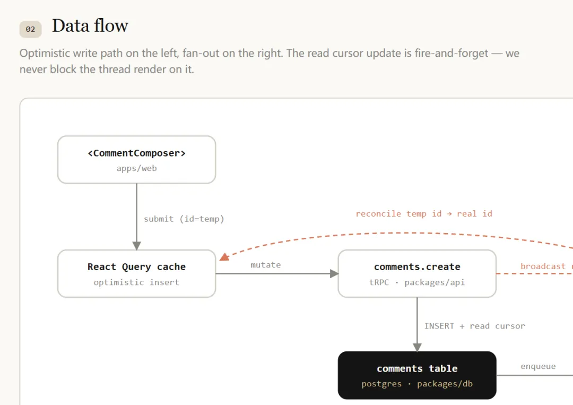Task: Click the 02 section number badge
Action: click(30, 29)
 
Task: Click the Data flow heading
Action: click(90, 26)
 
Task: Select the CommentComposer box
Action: click(137, 160)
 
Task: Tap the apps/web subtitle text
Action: click(137, 168)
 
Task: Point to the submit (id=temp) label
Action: click(184, 219)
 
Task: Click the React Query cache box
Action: click(137, 274)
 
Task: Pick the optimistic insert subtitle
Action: click(137, 282)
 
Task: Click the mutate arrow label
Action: click(266, 265)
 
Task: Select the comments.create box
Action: click(417, 274)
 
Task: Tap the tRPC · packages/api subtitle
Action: click(417, 282)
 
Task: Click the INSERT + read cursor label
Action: click(474, 326)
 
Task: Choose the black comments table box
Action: click(417, 375)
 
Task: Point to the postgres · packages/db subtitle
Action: click(417, 384)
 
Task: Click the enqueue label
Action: click(538, 366)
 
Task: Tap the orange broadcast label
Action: click(543, 266)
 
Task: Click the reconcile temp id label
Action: click(424, 213)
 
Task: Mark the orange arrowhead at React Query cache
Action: click(224, 257)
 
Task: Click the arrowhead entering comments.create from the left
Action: click(334, 274)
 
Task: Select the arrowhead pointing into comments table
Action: click(417, 347)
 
